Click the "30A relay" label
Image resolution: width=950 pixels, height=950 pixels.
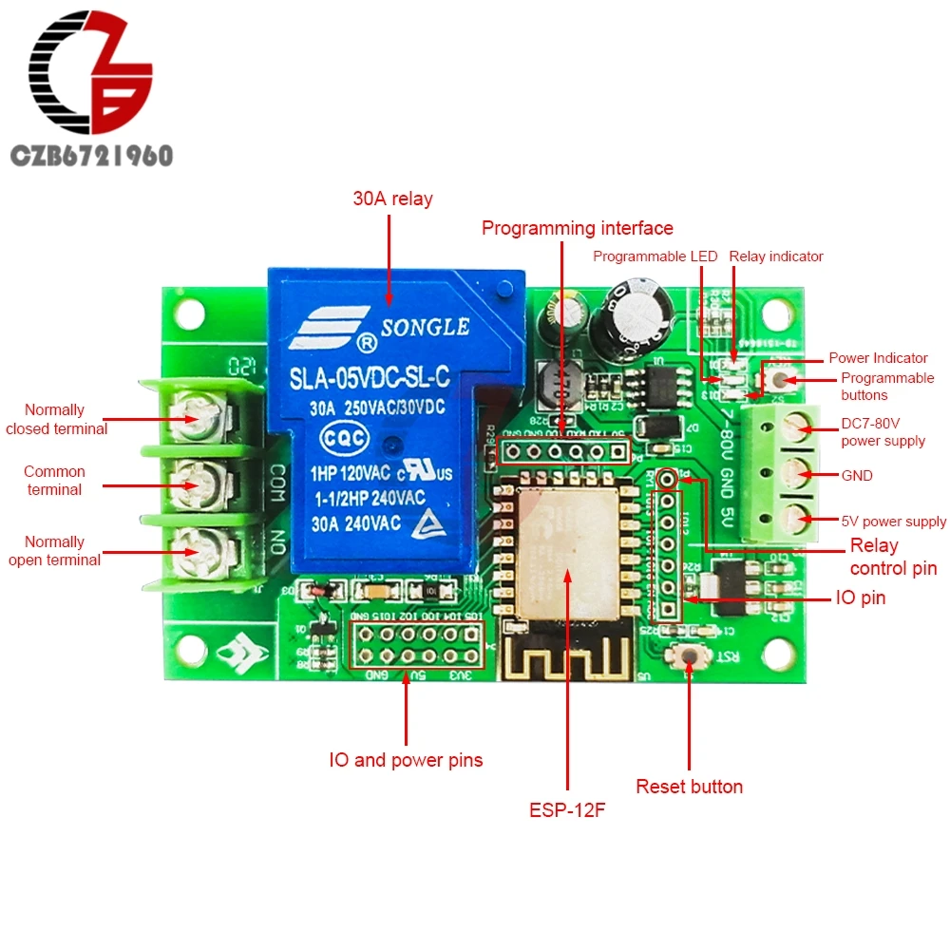coord(392,199)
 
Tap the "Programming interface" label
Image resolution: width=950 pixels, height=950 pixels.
coord(577,228)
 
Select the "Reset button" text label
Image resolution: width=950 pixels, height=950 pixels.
coord(689,787)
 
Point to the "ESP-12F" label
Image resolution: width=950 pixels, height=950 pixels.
coord(567,811)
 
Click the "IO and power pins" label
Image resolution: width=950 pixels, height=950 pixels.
coord(406,760)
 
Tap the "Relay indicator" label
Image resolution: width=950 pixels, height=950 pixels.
coord(776,256)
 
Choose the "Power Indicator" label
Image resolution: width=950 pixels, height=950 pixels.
coord(878,358)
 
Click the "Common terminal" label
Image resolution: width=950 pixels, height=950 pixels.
coord(54,481)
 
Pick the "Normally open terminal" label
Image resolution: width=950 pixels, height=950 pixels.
coord(54,551)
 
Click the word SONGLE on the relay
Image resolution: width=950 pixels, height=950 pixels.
coord(425,327)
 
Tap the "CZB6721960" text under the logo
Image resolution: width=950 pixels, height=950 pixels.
coord(91,155)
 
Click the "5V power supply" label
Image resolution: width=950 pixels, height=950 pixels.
coord(893,522)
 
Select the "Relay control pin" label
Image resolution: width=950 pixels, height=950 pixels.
coord(893,558)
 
